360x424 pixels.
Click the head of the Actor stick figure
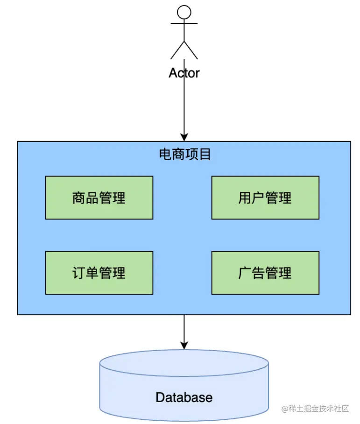pos(184,12)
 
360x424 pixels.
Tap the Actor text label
pos(184,73)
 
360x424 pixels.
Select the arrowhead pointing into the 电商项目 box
pos(184,137)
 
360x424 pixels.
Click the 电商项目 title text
pos(185,154)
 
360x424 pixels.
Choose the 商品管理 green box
pos(99,198)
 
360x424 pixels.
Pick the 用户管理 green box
pos(265,198)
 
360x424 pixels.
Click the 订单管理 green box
pos(99,273)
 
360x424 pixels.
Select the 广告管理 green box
pos(265,273)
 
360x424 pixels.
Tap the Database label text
pos(184,397)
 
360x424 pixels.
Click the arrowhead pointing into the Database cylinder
pos(184,346)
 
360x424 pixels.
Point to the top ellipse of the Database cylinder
pos(184,363)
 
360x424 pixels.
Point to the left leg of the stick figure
pos(177,50)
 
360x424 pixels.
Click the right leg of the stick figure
pos(191,50)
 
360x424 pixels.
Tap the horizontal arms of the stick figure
pos(184,23)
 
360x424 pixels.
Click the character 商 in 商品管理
pos(79,198)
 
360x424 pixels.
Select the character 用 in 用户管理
pos(245,198)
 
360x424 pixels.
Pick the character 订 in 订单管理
pos(79,273)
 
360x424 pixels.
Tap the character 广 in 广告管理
pos(245,273)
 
